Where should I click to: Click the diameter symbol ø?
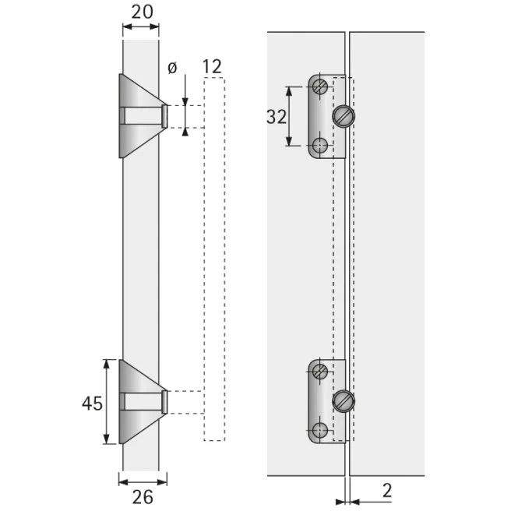pos(172,69)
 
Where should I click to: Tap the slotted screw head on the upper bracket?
pos(343,117)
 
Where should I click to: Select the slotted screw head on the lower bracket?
pos(343,401)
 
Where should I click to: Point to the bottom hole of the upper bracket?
pos(319,145)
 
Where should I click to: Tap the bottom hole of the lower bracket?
pos(319,429)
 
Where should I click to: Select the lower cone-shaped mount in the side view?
pos(139,401)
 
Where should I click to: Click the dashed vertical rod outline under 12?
pos(214,257)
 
